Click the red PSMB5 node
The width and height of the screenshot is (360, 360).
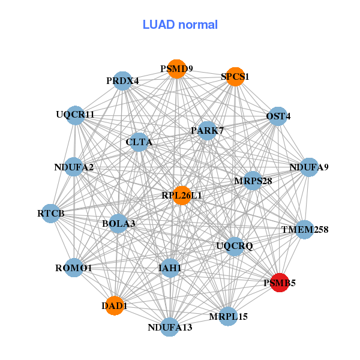point(280,283)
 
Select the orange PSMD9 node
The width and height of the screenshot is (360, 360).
point(176,69)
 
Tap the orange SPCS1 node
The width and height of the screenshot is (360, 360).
point(235,77)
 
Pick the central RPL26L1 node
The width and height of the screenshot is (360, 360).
point(182,196)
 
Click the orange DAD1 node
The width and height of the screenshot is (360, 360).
point(115,305)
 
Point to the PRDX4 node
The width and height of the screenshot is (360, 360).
point(123,81)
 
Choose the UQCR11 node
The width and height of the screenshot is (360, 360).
point(76,115)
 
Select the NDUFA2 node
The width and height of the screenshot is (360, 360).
point(74,167)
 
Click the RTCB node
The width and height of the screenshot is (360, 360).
point(51,213)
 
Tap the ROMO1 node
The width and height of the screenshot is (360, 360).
point(74,268)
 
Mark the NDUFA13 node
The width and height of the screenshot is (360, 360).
point(170,327)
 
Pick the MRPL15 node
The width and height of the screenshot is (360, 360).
point(228,316)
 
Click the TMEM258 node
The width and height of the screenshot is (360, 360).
point(305,229)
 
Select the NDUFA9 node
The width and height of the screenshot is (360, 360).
point(309,167)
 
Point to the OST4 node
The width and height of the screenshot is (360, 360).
point(278,116)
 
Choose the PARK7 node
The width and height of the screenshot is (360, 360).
point(207,131)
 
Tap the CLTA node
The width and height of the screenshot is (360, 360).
point(139,142)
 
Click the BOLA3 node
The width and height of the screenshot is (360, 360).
point(118,223)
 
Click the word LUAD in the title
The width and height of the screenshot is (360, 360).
point(158,25)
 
